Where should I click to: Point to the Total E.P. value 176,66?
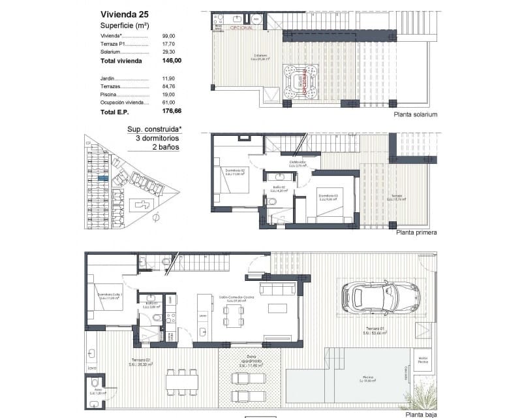coord(171,113)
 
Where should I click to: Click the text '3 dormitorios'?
coord(157,138)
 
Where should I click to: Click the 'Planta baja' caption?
coord(421,414)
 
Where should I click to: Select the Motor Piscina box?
coord(422,360)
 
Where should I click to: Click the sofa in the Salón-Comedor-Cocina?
coord(276,288)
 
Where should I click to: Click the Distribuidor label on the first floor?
coord(298,163)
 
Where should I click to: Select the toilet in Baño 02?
coord(271,202)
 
